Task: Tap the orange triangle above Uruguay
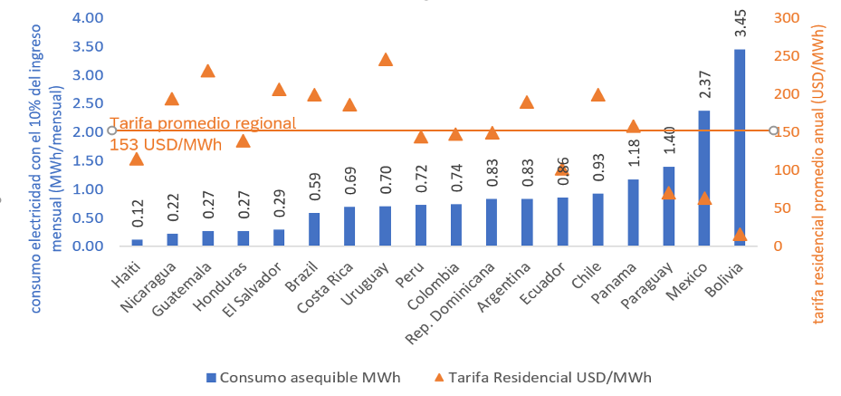pyautogui.click(x=385, y=60)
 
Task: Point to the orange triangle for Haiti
pyautogui.click(x=137, y=159)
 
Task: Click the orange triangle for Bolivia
pyautogui.click(x=740, y=234)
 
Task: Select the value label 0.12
pyautogui.click(x=137, y=217)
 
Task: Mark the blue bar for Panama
pyautogui.click(x=633, y=213)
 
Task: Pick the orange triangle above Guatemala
pyautogui.click(x=208, y=72)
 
